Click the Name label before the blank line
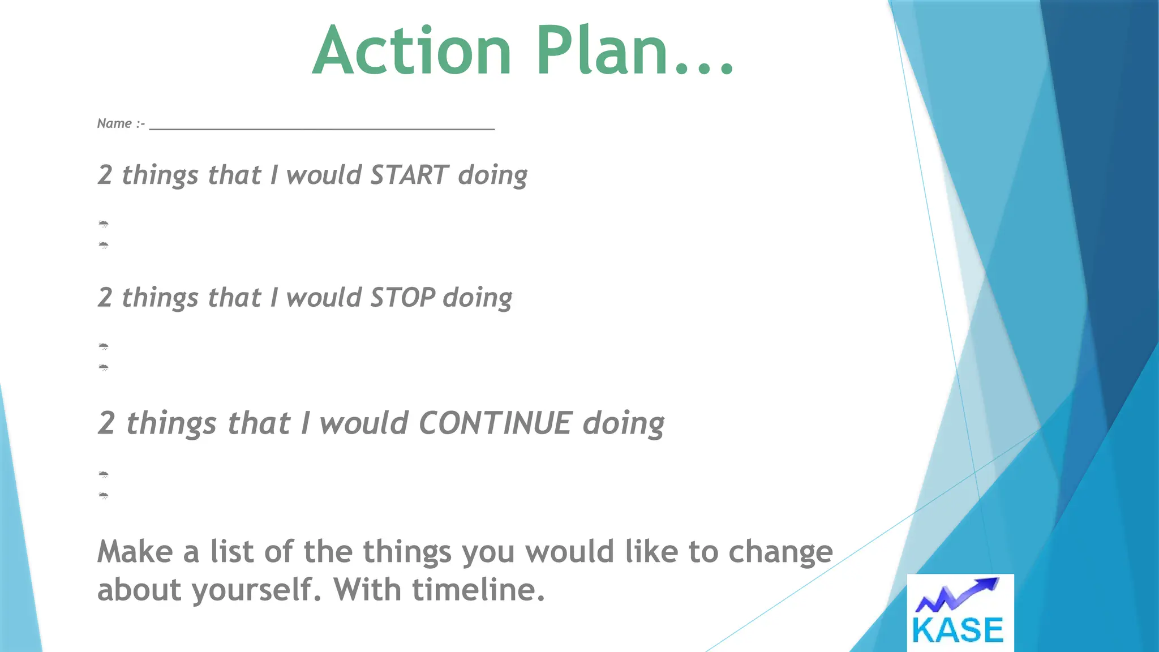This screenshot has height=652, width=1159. pyautogui.click(x=114, y=123)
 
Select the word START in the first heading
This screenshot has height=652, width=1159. pyautogui.click(x=409, y=175)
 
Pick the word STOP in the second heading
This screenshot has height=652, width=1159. pyautogui.click(x=402, y=298)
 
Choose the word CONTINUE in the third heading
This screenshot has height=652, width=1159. pyautogui.click(x=495, y=423)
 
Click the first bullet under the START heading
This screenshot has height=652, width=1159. pyautogui.click(x=104, y=224)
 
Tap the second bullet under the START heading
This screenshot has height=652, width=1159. pyautogui.click(x=104, y=245)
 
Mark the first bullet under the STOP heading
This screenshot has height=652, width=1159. pyautogui.click(x=104, y=346)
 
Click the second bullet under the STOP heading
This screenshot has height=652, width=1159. pyautogui.click(x=104, y=368)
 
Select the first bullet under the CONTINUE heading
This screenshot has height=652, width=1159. pyautogui.click(x=104, y=474)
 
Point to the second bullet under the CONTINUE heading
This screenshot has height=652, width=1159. pyautogui.click(x=104, y=496)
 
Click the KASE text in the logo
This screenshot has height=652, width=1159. pyautogui.click(x=958, y=630)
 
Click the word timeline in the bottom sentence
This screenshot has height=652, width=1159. pyautogui.click(x=478, y=590)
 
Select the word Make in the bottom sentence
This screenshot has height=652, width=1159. pyautogui.click(x=135, y=552)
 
